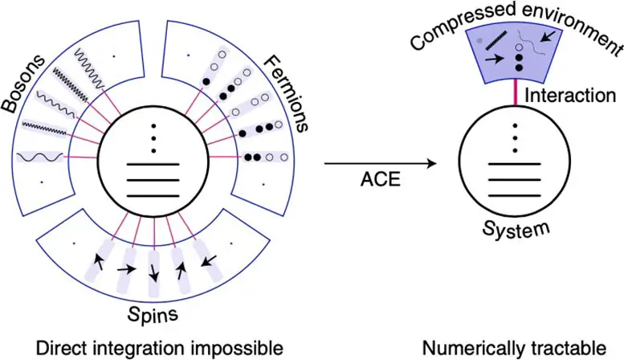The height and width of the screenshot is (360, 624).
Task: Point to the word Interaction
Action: tap(569, 96)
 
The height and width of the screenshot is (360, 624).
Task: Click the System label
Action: tap(518, 227)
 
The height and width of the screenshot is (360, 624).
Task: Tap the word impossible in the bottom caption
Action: tap(243, 348)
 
